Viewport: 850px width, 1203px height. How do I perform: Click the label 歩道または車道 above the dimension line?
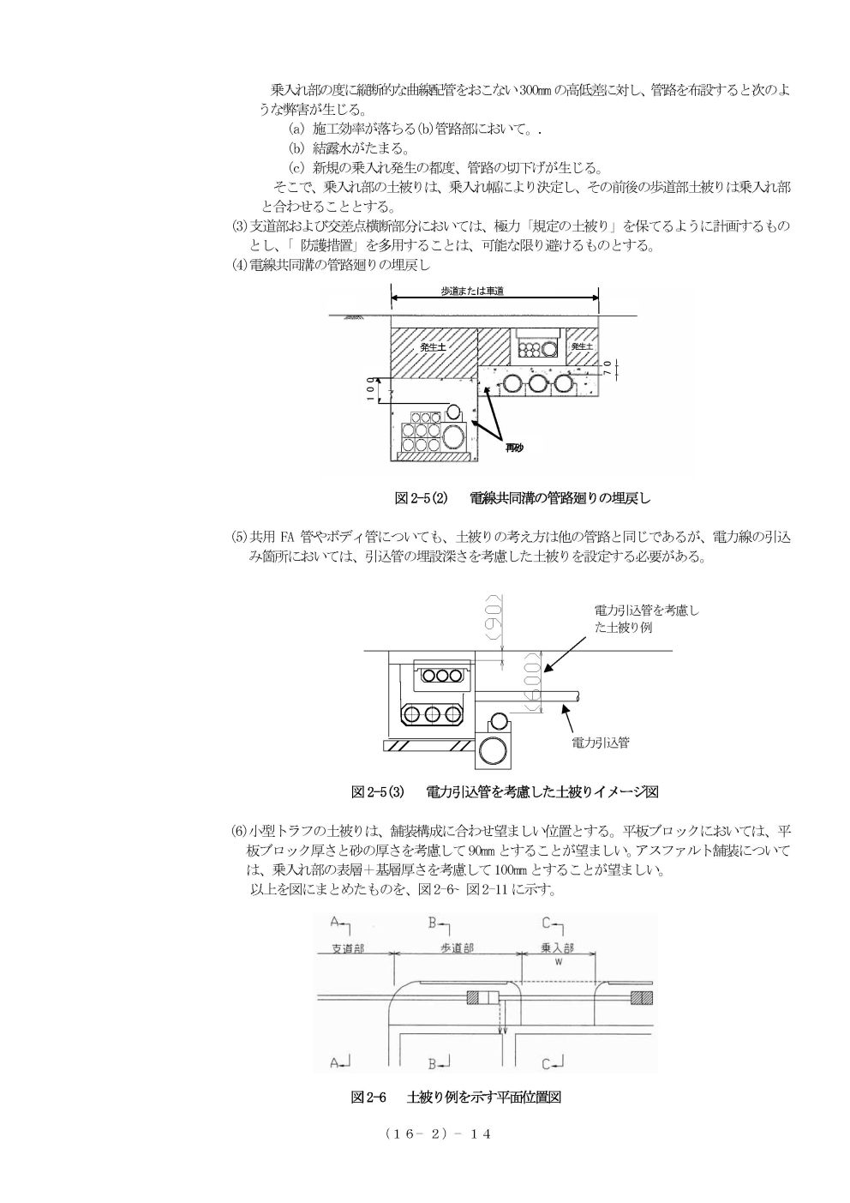[x=472, y=292]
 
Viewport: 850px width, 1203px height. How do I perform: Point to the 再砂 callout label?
[x=513, y=448]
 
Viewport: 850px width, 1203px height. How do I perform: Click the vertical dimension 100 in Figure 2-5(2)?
[x=369, y=390]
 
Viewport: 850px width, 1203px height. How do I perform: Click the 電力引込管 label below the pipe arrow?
[x=601, y=743]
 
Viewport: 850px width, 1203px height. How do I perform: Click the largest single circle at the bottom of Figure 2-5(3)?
[x=493, y=752]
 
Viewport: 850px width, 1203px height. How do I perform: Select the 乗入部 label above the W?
[x=558, y=949]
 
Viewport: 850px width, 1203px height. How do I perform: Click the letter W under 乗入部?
[x=558, y=962]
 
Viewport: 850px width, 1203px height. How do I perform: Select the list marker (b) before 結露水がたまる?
[x=296, y=147]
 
